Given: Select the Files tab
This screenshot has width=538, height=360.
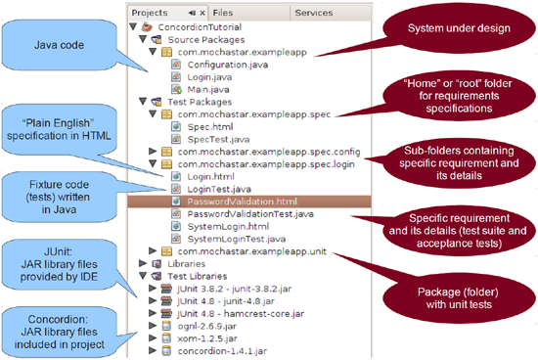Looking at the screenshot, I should click(223, 13).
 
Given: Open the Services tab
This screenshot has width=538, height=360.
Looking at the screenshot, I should click(314, 13).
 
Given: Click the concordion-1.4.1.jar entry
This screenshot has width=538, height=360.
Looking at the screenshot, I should click(221, 349).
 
